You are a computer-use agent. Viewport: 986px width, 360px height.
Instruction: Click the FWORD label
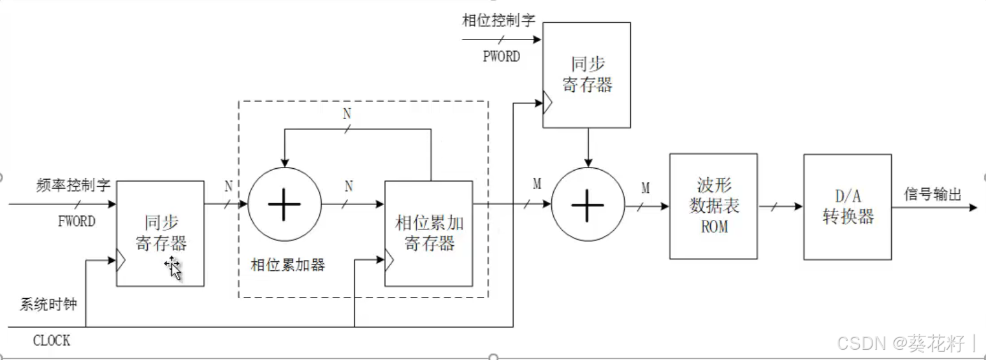76,222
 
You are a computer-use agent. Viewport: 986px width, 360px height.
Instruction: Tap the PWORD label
501,56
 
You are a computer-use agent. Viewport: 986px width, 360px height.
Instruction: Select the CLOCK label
52,341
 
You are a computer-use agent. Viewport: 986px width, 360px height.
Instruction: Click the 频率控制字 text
74,186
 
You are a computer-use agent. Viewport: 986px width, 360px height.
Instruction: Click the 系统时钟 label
48,305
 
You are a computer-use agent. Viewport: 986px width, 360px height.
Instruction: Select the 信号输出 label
932,195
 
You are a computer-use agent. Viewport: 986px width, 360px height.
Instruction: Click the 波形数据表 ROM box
713,206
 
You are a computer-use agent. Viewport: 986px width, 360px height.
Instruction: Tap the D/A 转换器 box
847,206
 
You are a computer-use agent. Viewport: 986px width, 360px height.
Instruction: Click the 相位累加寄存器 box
429,233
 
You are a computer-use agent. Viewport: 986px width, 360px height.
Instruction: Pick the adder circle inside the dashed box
284,205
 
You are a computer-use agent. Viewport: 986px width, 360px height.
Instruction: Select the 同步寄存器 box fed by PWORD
586,75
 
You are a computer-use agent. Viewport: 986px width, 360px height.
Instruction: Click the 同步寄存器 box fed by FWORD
160,233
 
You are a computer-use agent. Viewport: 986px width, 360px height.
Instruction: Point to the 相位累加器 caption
288,265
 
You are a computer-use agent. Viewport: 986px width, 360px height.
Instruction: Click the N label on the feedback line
347,114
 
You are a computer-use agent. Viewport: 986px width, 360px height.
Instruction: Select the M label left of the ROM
646,188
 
